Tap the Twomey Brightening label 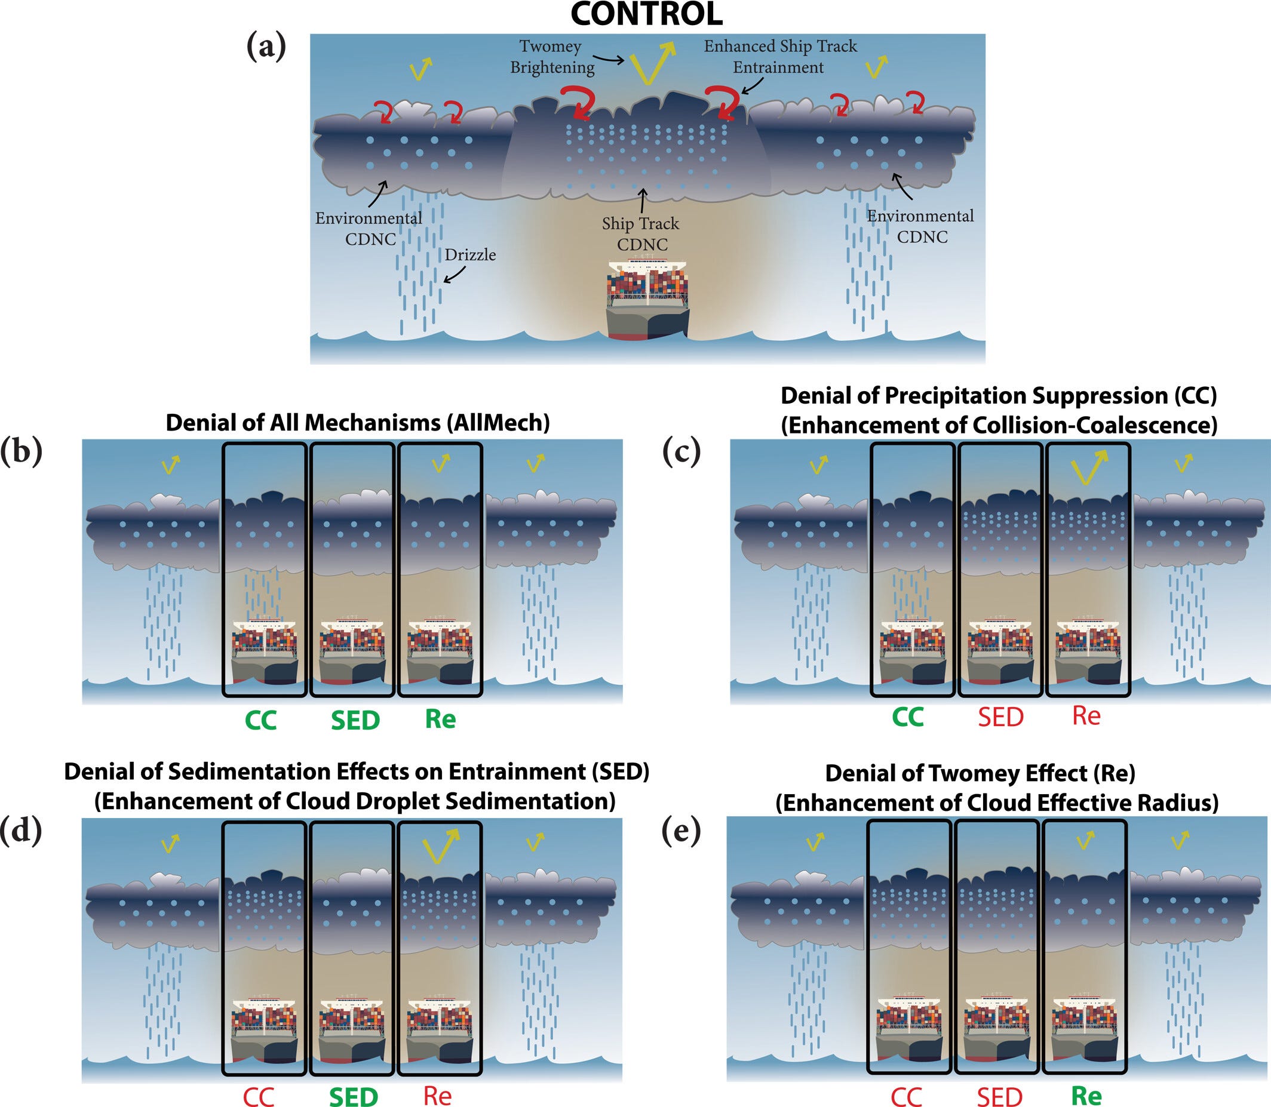(x=551, y=57)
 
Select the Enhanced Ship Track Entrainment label (x=780, y=57)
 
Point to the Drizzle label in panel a (x=470, y=254)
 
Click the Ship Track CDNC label (x=641, y=234)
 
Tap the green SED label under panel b (x=355, y=720)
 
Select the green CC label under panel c (x=908, y=717)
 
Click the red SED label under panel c (x=1000, y=717)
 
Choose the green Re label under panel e (x=1086, y=1095)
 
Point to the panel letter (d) (x=22, y=831)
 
